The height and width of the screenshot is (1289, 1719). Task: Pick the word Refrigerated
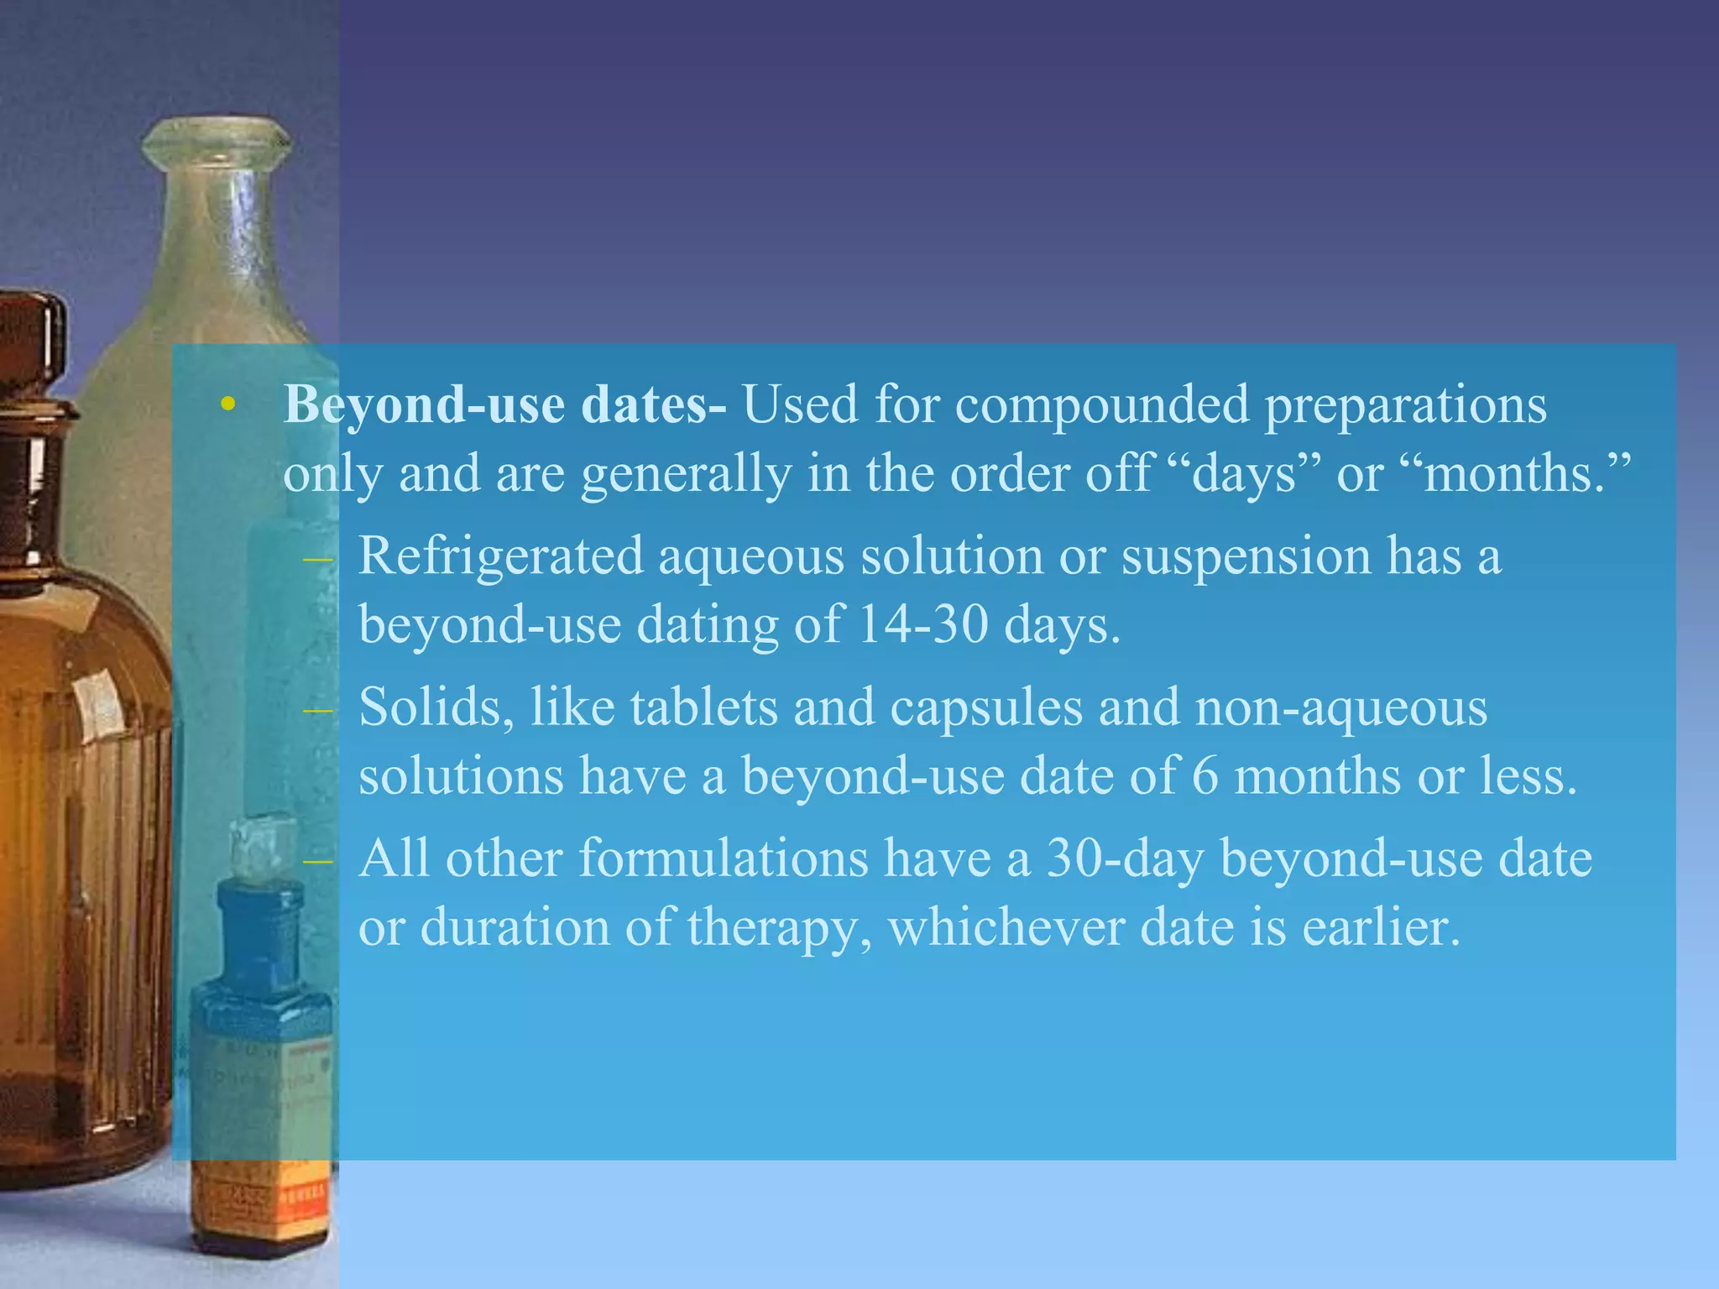click(500, 557)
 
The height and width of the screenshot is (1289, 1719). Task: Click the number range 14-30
click(923, 625)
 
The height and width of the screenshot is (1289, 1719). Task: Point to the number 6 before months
click(1204, 776)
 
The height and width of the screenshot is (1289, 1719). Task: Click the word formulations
click(724, 859)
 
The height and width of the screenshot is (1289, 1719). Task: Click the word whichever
click(1006, 927)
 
